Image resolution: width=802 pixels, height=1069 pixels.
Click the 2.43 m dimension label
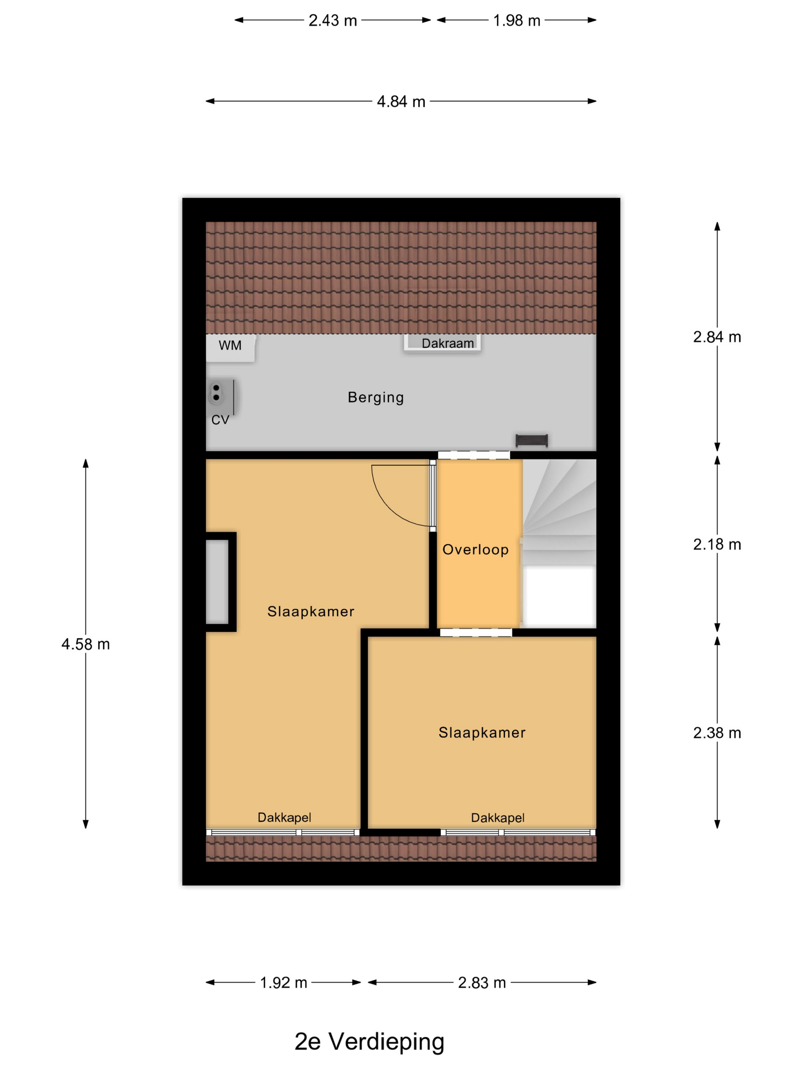point(333,21)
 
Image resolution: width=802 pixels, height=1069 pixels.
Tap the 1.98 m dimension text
point(516,21)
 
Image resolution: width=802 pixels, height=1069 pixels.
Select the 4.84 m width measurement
point(401,102)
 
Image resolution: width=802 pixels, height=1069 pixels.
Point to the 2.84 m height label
point(716,337)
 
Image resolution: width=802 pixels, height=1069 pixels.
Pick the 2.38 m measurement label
point(716,733)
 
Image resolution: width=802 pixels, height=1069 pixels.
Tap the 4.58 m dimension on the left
point(86,644)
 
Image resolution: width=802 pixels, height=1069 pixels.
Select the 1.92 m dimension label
point(283,982)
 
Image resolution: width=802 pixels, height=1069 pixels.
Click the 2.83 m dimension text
point(482,982)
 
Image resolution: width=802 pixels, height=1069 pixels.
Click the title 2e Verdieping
point(369,1042)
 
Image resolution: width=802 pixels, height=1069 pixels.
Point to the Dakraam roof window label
point(447,344)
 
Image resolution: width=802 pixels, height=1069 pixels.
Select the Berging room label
point(376,397)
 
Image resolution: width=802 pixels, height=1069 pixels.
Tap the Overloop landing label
point(475,549)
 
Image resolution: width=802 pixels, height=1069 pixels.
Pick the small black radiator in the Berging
point(531,440)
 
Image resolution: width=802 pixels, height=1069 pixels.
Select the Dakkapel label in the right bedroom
point(498,818)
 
